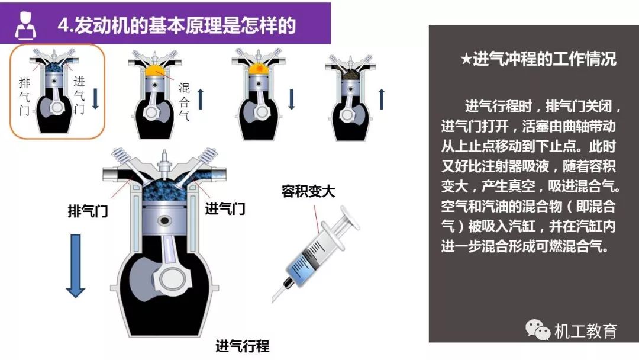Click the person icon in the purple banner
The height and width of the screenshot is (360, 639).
point(25,25)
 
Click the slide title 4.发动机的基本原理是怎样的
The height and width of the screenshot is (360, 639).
point(176,25)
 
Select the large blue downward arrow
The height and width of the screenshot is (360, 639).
point(75,265)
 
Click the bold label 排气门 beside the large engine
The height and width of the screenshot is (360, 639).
point(88,211)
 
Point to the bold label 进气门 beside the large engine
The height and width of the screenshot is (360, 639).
point(225,209)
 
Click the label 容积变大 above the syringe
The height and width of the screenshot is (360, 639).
point(308,191)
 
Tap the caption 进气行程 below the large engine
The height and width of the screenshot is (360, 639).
point(243,346)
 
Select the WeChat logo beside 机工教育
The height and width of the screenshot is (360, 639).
point(537,329)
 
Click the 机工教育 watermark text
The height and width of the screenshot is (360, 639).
point(586,330)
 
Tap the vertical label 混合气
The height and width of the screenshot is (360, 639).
point(184,101)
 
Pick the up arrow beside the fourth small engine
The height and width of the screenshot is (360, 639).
point(382,99)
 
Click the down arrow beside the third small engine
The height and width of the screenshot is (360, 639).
point(291,99)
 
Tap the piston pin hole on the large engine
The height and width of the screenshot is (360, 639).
point(164,221)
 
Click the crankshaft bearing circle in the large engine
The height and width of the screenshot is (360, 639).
point(174,279)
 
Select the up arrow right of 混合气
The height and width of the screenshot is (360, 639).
point(201,99)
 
